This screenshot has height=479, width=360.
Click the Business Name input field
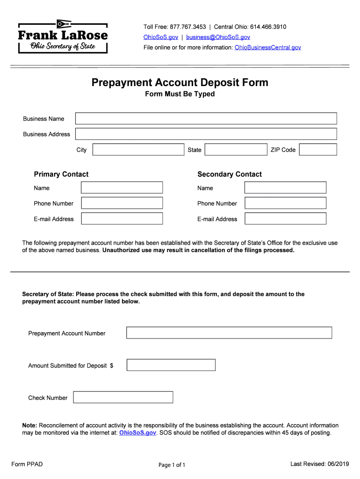[206, 118]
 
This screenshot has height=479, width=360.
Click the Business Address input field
[206, 134]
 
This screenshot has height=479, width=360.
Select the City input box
[138, 150]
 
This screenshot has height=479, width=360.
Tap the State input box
[236, 150]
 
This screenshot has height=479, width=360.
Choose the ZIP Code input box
[318, 150]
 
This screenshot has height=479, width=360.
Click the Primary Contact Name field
[122, 188]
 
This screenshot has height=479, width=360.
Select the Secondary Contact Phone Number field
[285, 203]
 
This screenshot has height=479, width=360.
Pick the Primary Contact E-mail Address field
[122, 218]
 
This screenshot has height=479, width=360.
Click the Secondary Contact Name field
[285, 188]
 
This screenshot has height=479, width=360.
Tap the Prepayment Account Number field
[229, 333]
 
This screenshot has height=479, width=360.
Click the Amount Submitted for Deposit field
[171, 365]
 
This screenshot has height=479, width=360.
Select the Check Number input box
[123, 397]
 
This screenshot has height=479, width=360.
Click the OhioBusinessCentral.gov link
[268, 47]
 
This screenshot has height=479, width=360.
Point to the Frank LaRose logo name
[63, 36]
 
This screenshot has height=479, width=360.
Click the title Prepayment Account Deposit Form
[180, 83]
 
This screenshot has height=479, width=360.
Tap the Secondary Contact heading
[230, 174]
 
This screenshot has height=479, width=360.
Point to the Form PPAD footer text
[27, 464]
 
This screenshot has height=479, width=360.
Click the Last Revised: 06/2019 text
[320, 464]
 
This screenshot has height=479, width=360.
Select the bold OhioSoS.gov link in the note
[138, 433]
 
